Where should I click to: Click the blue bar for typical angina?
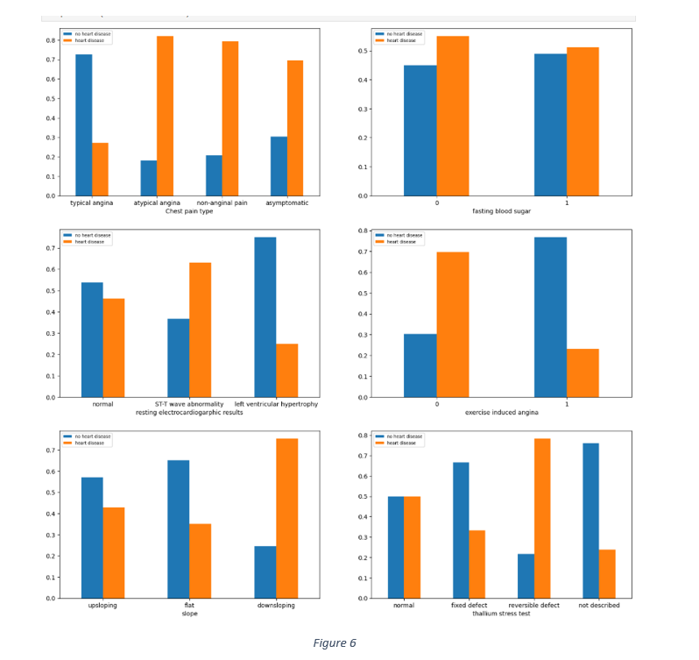83,124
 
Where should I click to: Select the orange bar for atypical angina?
165,116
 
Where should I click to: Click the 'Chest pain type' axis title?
189,211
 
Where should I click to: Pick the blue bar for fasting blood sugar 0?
420,131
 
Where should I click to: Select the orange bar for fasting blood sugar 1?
582,121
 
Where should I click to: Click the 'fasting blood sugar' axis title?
501,211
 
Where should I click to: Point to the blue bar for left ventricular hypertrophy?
265,317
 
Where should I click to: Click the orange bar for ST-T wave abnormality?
200,330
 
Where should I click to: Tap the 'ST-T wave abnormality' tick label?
189,404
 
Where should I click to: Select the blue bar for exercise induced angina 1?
550,317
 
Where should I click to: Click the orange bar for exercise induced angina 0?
452,324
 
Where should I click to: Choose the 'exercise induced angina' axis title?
501,412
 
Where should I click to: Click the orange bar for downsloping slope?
286,518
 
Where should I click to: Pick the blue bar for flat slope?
178,529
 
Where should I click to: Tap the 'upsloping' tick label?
102,605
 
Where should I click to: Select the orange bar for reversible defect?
541,518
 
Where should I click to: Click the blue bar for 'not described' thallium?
590,521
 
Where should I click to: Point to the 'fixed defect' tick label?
469,605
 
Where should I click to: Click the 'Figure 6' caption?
335,643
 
